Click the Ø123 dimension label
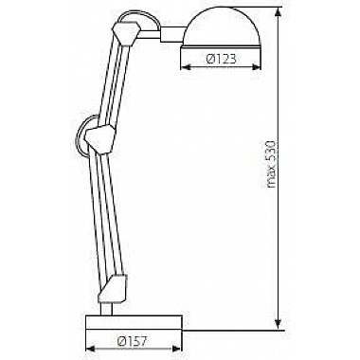[x=221, y=59]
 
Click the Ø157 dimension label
[x=132, y=341]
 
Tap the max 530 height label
[x=271, y=164]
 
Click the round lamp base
[x=134, y=322]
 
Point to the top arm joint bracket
[x=126, y=33]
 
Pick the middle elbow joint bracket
[x=99, y=139]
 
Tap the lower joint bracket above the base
[x=114, y=289]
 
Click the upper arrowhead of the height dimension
[x=278, y=12]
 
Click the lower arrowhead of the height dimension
[x=278, y=324]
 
